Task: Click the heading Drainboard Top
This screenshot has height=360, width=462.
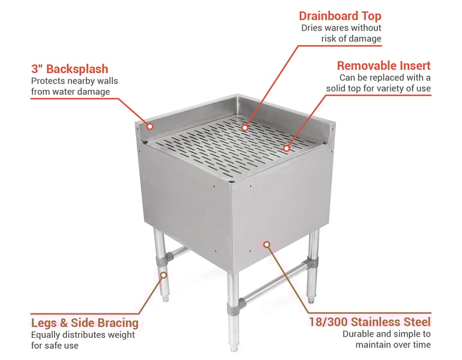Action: pyautogui.click(x=340, y=16)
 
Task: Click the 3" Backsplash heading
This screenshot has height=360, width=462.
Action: pyautogui.click(x=70, y=69)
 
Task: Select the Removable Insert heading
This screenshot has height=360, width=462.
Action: pyautogui.click(x=383, y=65)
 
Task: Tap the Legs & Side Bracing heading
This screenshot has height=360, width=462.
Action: pyautogui.click(x=85, y=323)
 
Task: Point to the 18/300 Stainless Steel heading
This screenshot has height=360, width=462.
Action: pyautogui.click(x=369, y=322)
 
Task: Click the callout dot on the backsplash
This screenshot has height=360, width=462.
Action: pyautogui.click(x=150, y=127)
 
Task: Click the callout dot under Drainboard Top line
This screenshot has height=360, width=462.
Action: pyautogui.click(x=245, y=127)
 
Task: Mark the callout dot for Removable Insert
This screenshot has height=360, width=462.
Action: pyautogui.click(x=287, y=148)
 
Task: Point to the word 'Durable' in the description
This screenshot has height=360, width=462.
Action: pyautogui.click(x=359, y=334)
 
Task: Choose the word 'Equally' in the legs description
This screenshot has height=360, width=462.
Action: pyautogui.click(x=47, y=335)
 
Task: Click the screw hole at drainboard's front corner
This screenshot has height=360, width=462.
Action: pyautogui.click(x=232, y=179)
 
